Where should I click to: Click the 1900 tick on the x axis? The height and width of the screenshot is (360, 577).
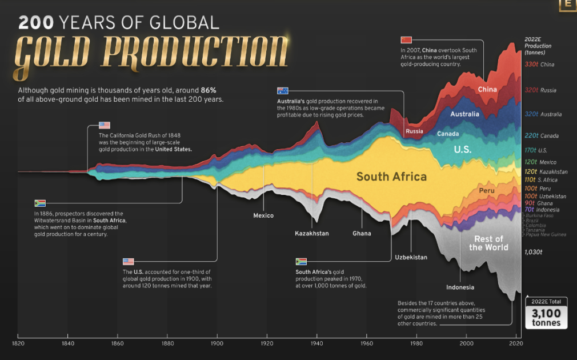click(217, 343)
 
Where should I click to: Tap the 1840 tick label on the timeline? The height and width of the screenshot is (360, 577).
click(68, 343)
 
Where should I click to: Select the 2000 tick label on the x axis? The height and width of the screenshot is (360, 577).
click(466, 343)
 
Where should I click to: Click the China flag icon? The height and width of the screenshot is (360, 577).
click(406, 40)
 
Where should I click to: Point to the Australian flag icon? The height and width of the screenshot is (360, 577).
click(283, 90)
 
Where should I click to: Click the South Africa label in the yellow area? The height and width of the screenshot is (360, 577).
click(391, 177)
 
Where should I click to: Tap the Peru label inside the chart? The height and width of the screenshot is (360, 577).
click(487, 190)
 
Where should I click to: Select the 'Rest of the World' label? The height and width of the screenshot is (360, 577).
click(488, 243)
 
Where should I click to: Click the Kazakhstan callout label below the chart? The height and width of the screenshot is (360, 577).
click(311, 233)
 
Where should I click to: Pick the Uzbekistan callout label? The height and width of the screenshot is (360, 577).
click(411, 257)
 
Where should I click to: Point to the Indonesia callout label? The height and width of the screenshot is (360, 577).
click(460, 287)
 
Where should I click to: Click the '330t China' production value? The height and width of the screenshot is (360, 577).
click(539, 65)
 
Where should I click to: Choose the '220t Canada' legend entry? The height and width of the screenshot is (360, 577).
click(541, 136)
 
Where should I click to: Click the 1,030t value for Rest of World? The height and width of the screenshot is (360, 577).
click(533, 251)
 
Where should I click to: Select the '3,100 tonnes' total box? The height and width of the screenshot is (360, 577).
click(546, 314)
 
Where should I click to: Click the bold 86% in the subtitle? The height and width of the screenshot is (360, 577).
click(209, 90)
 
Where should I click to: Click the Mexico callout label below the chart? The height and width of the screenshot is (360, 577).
click(263, 215)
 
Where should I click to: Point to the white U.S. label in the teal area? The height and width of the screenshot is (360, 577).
click(462, 150)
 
